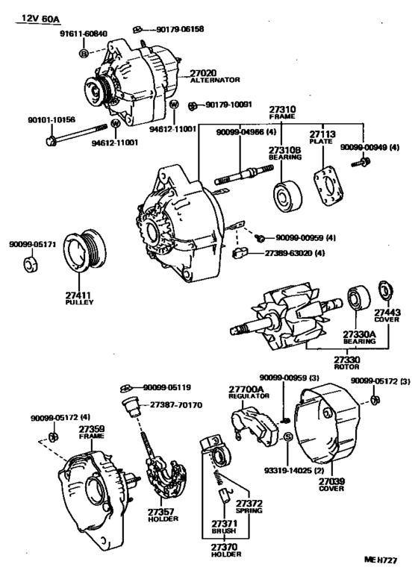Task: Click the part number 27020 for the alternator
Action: tap(203, 73)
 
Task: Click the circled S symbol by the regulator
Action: tap(288, 436)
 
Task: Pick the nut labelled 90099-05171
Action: tap(31, 264)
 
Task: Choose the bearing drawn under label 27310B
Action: tap(287, 195)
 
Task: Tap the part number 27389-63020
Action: tap(289, 253)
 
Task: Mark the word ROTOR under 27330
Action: tap(347, 366)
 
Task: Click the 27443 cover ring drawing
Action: tap(386, 290)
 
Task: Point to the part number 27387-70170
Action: tap(176, 404)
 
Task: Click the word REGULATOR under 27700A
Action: tap(249, 396)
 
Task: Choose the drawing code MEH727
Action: tap(381, 560)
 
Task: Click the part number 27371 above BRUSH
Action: tap(224, 524)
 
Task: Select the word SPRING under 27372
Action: tap(249, 510)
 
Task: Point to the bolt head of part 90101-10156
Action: tap(51, 141)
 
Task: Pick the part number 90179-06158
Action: tap(180, 29)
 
